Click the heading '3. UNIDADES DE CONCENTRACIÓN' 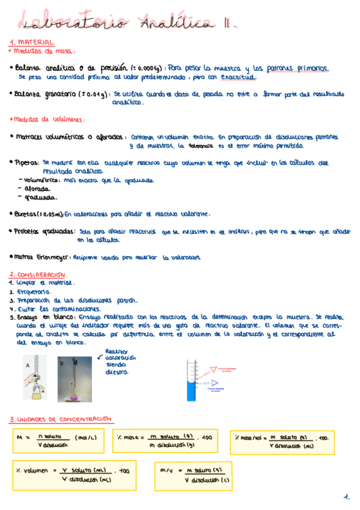pyautogui.click(x=60, y=419)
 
